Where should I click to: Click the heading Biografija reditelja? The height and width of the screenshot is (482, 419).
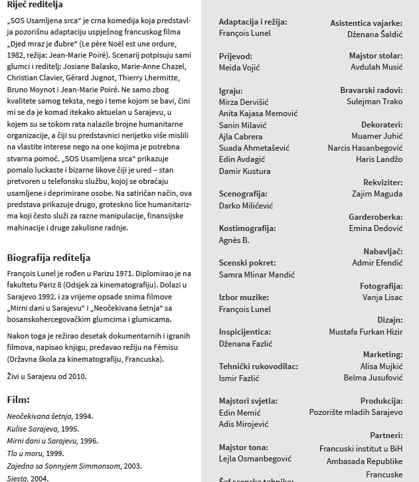tap(48, 258)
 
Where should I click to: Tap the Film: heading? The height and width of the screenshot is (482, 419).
tap(19, 400)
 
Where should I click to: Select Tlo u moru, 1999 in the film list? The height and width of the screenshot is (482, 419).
tap(35, 453)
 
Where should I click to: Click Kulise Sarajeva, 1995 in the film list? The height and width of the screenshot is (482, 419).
tap(42, 429)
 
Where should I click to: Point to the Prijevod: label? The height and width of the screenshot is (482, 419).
tap(236, 56)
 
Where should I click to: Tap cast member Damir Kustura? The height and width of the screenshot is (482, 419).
tap(244, 171)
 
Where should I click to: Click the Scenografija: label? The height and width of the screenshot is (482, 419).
tap(243, 194)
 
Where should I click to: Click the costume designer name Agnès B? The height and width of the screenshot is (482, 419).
tap(234, 240)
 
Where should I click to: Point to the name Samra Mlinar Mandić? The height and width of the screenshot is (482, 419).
tap(257, 274)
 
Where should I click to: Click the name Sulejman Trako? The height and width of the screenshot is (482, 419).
tap(375, 102)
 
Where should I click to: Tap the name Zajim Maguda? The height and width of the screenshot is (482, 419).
tap(377, 194)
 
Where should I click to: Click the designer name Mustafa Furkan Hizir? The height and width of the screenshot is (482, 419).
tap(366, 331)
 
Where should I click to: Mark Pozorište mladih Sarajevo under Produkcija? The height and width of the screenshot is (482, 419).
tap(356, 412)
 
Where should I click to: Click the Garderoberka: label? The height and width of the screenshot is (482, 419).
tap(375, 217)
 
